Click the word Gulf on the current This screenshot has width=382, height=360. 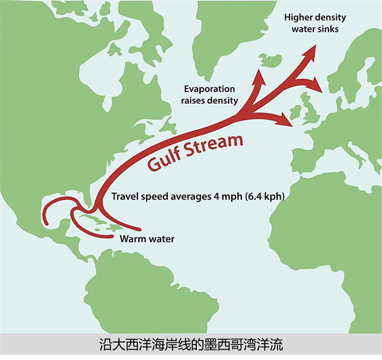pyautogui.click(x=166, y=158)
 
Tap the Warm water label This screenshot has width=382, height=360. pyautogui.click(x=146, y=239)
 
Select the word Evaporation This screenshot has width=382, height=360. pyautogui.click(x=209, y=88)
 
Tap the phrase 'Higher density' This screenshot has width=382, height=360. pyautogui.click(x=315, y=17)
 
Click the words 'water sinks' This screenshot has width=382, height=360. pyautogui.click(x=315, y=29)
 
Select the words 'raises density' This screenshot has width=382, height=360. pyautogui.click(x=210, y=100)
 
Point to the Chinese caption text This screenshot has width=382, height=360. pyautogui.click(x=191, y=346)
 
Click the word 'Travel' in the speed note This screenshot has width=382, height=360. pyautogui.click(x=125, y=197)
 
